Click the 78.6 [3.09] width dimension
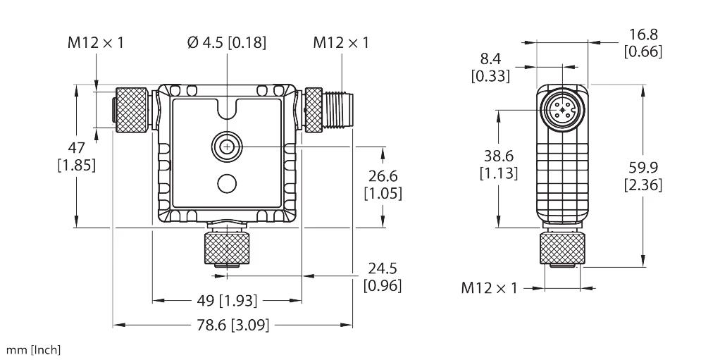(233, 325)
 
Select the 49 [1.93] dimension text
(227, 302)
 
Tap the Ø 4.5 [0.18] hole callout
(227, 43)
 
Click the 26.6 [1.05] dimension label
(382, 185)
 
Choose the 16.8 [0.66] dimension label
(643, 43)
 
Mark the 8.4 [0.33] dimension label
(491, 68)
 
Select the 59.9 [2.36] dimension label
(643, 176)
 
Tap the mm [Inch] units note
(34, 349)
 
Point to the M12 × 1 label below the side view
(490, 287)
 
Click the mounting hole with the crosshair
(227, 146)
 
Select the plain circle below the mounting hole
(227, 183)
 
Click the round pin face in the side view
(563, 110)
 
